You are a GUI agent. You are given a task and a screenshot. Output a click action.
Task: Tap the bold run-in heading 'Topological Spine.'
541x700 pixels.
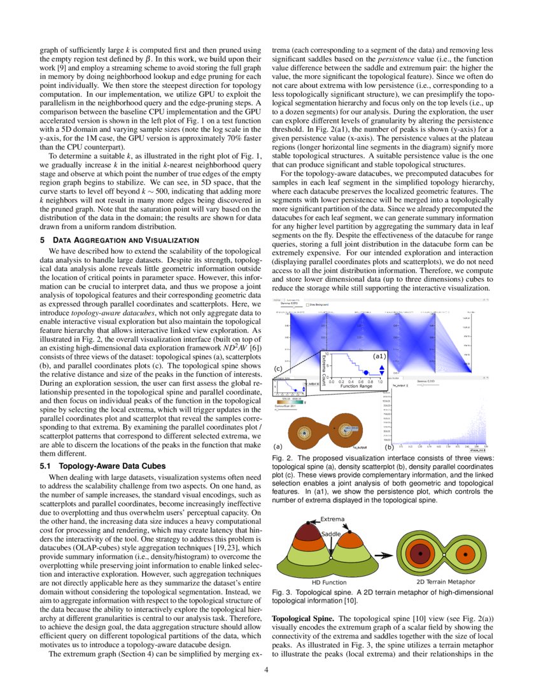301,618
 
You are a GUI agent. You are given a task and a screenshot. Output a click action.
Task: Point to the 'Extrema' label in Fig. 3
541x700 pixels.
332,519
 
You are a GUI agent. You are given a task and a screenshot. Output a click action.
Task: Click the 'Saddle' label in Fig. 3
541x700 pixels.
332,534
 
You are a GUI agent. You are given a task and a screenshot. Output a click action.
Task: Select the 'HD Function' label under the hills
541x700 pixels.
329,582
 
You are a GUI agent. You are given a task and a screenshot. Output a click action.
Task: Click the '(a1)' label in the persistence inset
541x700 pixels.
379,356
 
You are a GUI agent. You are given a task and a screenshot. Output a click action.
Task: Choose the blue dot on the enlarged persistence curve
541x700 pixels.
366,372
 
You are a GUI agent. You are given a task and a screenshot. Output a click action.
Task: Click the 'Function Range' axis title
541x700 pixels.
356,386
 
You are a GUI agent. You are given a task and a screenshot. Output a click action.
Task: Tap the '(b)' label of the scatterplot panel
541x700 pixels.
389,447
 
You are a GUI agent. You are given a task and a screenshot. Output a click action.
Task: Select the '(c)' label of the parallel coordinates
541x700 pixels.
278,368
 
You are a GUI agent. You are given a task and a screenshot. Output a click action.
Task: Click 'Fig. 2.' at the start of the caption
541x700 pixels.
279,458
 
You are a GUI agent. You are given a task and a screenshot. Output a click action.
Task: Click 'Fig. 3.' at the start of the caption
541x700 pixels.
279,592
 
